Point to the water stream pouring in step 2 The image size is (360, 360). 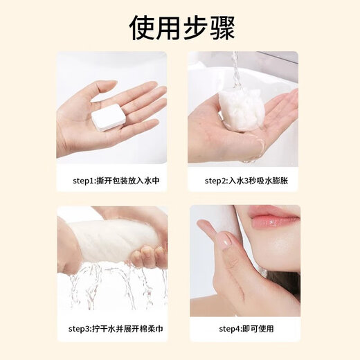click(x=235, y=69)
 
